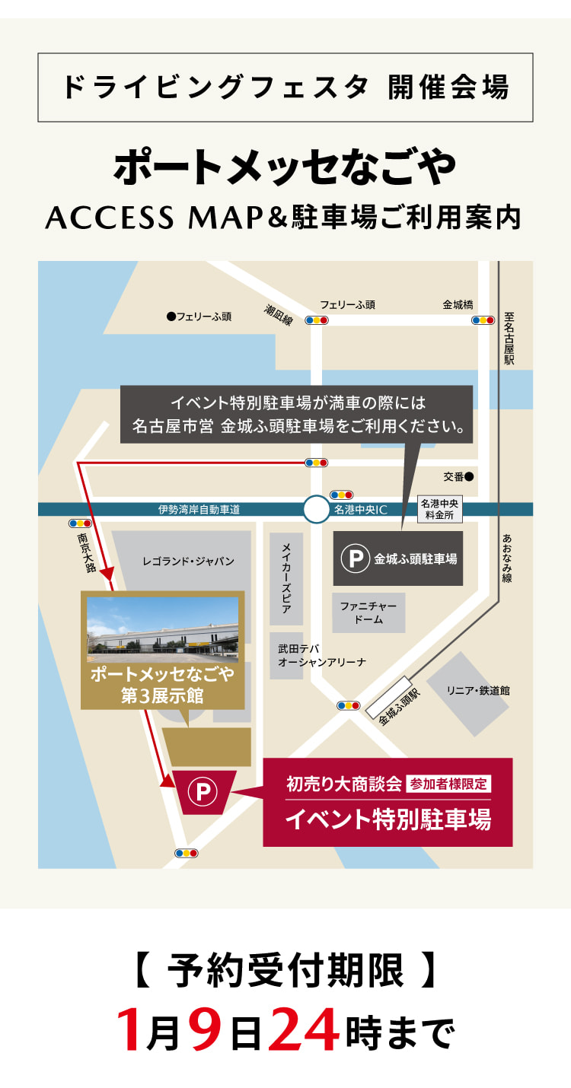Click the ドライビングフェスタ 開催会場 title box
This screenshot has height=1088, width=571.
(285, 87)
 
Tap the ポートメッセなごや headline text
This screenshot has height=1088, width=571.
(285, 165)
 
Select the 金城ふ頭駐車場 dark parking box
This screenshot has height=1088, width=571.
(398, 558)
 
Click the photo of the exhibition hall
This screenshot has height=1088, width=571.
(162, 629)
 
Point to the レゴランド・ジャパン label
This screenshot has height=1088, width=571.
(188, 561)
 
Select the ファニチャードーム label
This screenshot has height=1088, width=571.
(368, 612)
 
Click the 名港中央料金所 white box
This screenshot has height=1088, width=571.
(441, 510)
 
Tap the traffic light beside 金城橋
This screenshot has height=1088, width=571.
(483, 320)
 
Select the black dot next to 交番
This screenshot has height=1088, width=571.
(469, 477)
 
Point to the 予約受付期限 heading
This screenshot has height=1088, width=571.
(285, 972)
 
